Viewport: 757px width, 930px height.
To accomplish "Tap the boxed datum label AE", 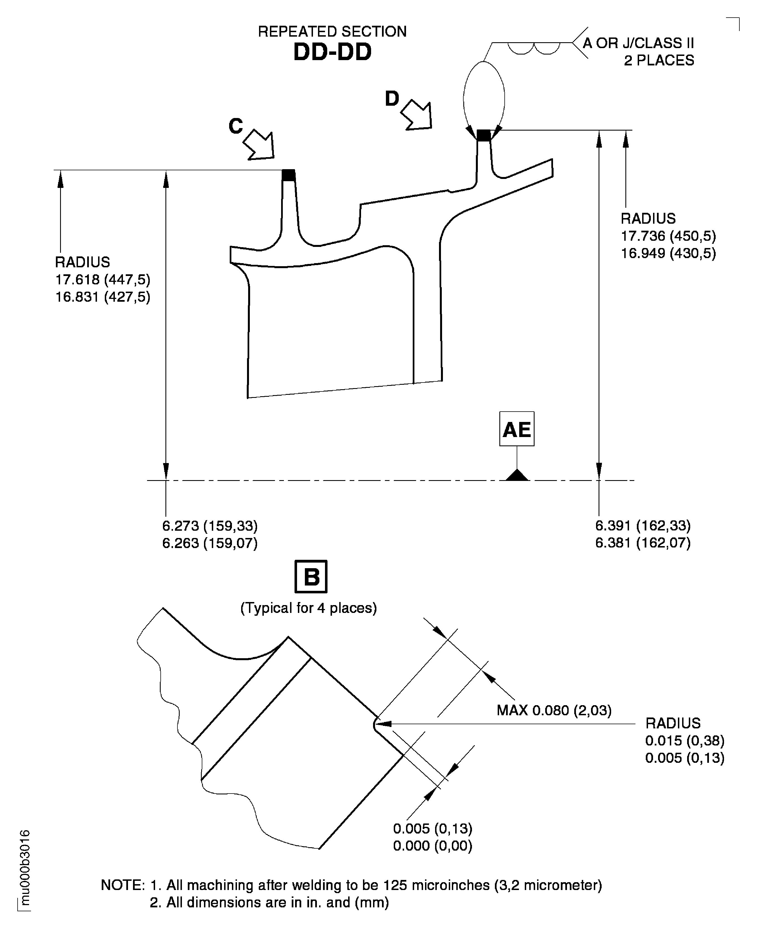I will click(x=517, y=429).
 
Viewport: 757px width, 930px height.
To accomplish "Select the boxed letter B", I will click(x=311, y=577).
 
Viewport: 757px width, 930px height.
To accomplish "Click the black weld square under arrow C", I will click(x=288, y=175).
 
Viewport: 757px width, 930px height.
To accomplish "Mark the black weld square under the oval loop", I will click(x=483, y=135).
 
